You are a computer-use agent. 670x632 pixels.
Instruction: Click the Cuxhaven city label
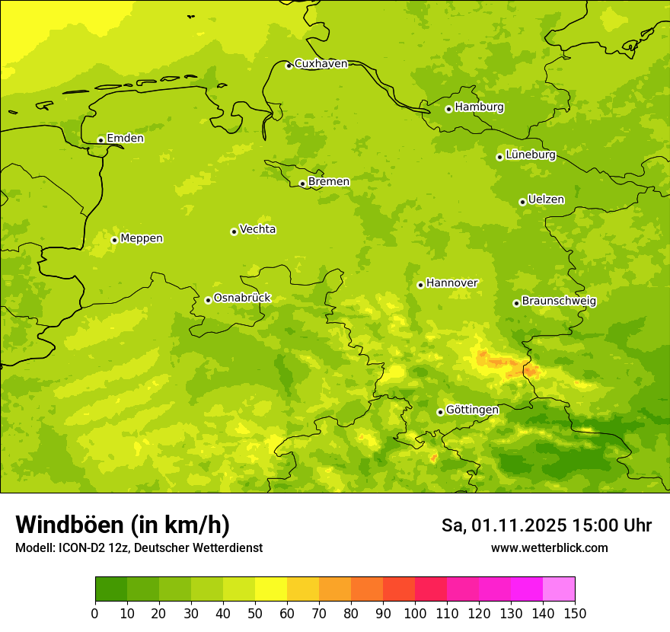click(321, 64)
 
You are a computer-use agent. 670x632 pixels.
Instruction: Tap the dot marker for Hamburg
click(448, 109)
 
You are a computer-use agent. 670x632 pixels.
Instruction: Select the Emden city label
click(125, 139)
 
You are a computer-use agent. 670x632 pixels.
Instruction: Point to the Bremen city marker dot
click(302, 184)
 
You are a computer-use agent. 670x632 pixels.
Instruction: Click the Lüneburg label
click(531, 155)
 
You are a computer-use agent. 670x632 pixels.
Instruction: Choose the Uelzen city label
click(546, 200)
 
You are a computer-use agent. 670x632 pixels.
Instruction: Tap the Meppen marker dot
click(114, 240)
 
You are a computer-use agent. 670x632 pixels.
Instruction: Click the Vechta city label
click(257, 230)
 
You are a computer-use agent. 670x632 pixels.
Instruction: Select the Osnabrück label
click(242, 298)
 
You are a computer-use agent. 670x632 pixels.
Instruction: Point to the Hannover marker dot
click(420, 285)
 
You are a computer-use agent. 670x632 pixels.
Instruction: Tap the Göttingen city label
click(472, 410)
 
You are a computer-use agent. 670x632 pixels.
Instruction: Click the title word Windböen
click(69, 525)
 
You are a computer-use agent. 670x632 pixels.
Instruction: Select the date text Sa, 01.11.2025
click(504, 526)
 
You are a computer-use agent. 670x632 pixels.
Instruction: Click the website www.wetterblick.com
click(549, 548)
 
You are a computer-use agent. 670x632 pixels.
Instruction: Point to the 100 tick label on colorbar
click(415, 614)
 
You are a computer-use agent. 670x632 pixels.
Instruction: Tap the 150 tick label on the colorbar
click(575, 614)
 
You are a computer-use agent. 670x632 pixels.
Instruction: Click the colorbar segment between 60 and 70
click(303, 589)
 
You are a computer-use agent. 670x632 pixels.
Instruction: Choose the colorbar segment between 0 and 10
click(111, 589)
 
